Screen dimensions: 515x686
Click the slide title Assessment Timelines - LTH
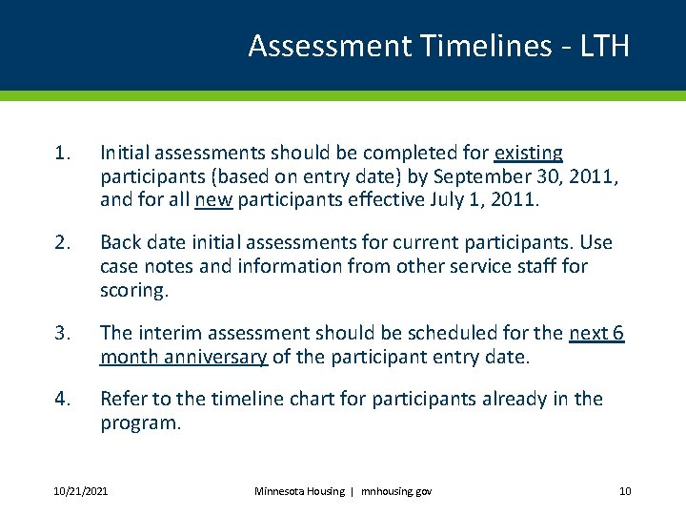click(438, 46)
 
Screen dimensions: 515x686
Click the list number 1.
click(62, 153)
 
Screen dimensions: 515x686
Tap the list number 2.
click(62, 243)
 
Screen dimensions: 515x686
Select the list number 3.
click(62, 333)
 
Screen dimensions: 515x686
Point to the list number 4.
click(62, 399)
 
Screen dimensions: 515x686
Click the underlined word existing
click(528, 153)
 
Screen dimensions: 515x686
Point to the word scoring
click(133, 291)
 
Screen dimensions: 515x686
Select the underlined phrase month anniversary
click(184, 357)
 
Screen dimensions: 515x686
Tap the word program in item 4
click(139, 422)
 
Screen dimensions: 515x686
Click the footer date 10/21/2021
click(80, 491)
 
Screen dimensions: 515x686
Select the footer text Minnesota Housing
click(299, 491)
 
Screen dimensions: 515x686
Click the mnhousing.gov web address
click(395, 491)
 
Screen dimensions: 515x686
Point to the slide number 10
click(625, 491)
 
